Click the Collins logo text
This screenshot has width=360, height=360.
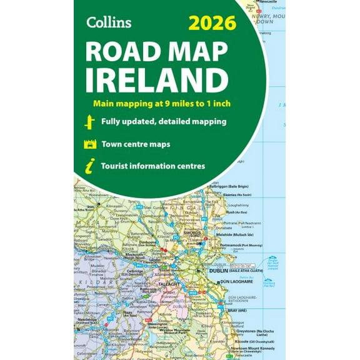click(x=109, y=22)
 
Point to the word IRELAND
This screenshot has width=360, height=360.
click(x=157, y=81)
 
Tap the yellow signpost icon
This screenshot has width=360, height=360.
click(x=89, y=122)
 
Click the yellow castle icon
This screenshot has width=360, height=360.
click(x=89, y=144)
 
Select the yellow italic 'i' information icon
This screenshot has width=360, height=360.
click(x=89, y=167)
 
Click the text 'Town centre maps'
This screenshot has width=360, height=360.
click(x=136, y=144)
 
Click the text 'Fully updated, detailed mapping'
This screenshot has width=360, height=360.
click(x=164, y=122)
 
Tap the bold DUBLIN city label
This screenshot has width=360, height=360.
click(x=210, y=271)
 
